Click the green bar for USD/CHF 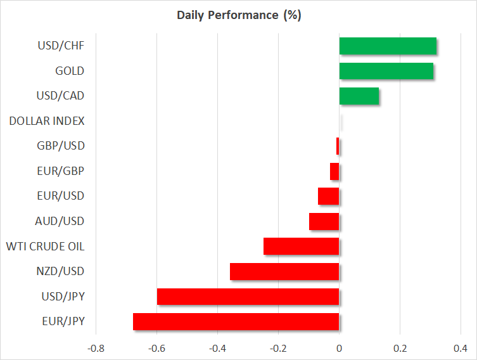coord(388,46)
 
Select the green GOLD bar coord(386,71)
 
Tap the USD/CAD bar coord(359,96)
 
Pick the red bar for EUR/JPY coord(236,321)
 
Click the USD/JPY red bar coord(248,297)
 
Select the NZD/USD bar coord(284,271)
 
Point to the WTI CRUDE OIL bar coord(301,246)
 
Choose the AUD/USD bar coord(324,221)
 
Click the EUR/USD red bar coord(329,196)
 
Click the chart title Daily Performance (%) coord(238,15)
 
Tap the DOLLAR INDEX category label coord(47,121)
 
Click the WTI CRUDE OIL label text coord(45,246)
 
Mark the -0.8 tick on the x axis coord(96,348)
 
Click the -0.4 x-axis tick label coord(217,348)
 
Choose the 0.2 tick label coord(400,348)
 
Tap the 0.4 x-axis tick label coord(461,348)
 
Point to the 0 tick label coord(340,348)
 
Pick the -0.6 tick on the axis coord(156,348)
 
